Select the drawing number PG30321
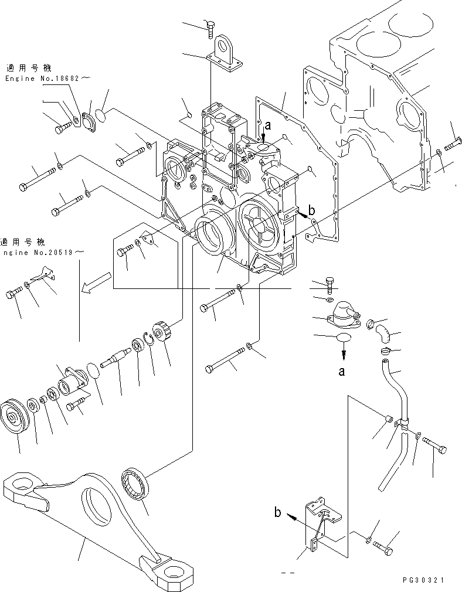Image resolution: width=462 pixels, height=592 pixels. [x=424, y=580]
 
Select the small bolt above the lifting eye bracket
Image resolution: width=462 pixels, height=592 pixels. [x=211, y=26]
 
